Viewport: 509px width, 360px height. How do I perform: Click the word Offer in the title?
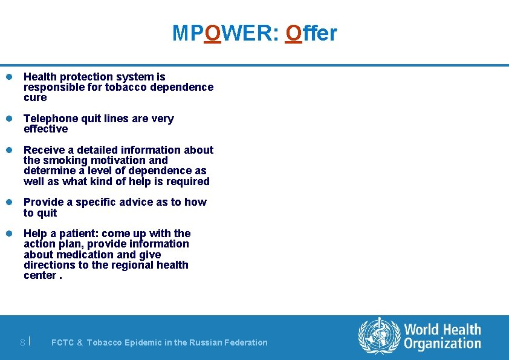click(x=311, y=33)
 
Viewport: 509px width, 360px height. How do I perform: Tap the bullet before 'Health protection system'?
click(x=10, y=77)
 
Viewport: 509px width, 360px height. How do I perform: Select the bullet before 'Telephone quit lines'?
click(x=10, y=119)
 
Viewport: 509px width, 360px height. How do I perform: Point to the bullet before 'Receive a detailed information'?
click(x=10, y=150)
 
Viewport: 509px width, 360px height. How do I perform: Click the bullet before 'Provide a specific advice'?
click(x=10, y=202)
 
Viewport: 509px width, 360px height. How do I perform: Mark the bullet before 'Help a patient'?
click(x=10, y=234)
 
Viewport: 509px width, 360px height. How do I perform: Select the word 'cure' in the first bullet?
click(x=35, y=97)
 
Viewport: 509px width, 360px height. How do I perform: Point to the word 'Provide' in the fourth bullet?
click(x=43, y=202)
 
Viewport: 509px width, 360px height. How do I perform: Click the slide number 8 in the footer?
click(x=22, y=342)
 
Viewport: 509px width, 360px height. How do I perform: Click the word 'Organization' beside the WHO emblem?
click(x=443, y=344)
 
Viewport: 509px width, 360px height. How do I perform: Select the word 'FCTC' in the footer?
click(x=63, y=342)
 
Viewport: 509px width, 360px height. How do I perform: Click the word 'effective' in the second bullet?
click(x=45, y=129)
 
